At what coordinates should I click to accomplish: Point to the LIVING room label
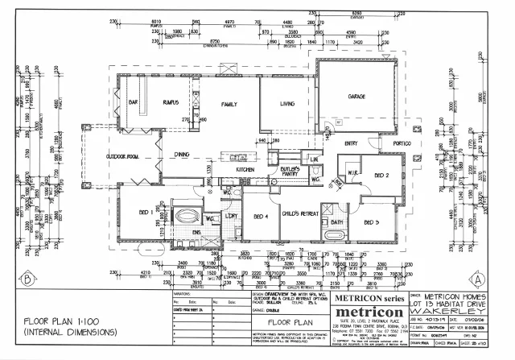point(287,104)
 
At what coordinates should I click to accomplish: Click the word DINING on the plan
point(183,153)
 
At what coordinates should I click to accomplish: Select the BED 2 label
point(381,174)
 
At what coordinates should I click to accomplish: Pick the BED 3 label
point(371,221)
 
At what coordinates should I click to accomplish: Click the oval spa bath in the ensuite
point(187,217)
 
